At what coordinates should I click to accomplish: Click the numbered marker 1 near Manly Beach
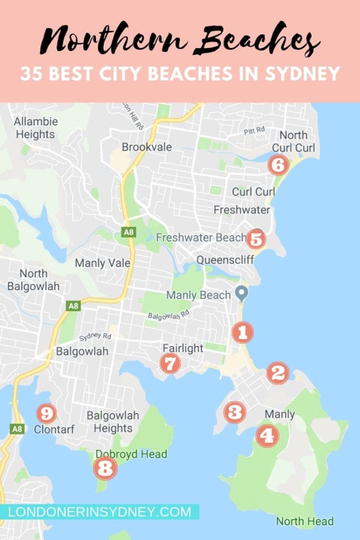coord(242,332)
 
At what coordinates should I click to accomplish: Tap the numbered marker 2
coord(278,373)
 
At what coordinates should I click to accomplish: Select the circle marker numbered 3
coord(234,412)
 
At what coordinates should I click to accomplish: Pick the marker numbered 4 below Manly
coord(267,436)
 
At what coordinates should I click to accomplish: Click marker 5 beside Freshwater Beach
coord(255,239)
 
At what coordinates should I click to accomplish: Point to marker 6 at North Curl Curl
coord(278,166)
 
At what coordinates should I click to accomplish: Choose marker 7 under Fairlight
coord(170,363)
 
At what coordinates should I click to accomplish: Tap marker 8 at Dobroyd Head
coord(105,468)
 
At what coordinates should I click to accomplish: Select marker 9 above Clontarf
coord(46,413)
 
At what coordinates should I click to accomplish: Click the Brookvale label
coord(147,147)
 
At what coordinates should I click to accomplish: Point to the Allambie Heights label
coord(35,128)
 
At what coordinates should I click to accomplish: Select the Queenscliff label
coord(225,259)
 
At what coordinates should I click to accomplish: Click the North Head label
coord(305,521)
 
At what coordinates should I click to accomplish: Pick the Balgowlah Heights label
coord(113,422)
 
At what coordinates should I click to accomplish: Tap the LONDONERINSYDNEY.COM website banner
coord(100,512)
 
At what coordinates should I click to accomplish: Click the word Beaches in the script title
coord(256,41)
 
